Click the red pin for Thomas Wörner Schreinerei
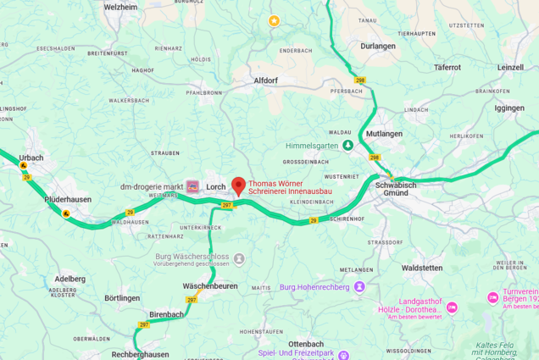coord(238,186)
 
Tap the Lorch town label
coord(216,186)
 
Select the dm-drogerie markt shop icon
coord(192,186)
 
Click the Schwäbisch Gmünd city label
coord(395,188)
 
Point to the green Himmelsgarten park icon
coord(347,146)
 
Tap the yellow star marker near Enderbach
coord(274,20)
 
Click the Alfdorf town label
coord(265,80)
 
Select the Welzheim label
coord(120,7)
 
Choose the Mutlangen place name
coord(384,134)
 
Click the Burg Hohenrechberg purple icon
coord(359,287)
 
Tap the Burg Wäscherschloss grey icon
coord(239,258)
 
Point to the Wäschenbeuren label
coord(210,286)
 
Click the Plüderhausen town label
coord(68,200)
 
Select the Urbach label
coord(31,158)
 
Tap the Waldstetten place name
coord(422,268)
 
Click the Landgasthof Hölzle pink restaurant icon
coord(452,307)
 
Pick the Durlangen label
coord(377,47)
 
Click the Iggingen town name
coord(509,108)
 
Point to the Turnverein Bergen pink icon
coord(493,297)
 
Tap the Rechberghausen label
coord(140,354)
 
